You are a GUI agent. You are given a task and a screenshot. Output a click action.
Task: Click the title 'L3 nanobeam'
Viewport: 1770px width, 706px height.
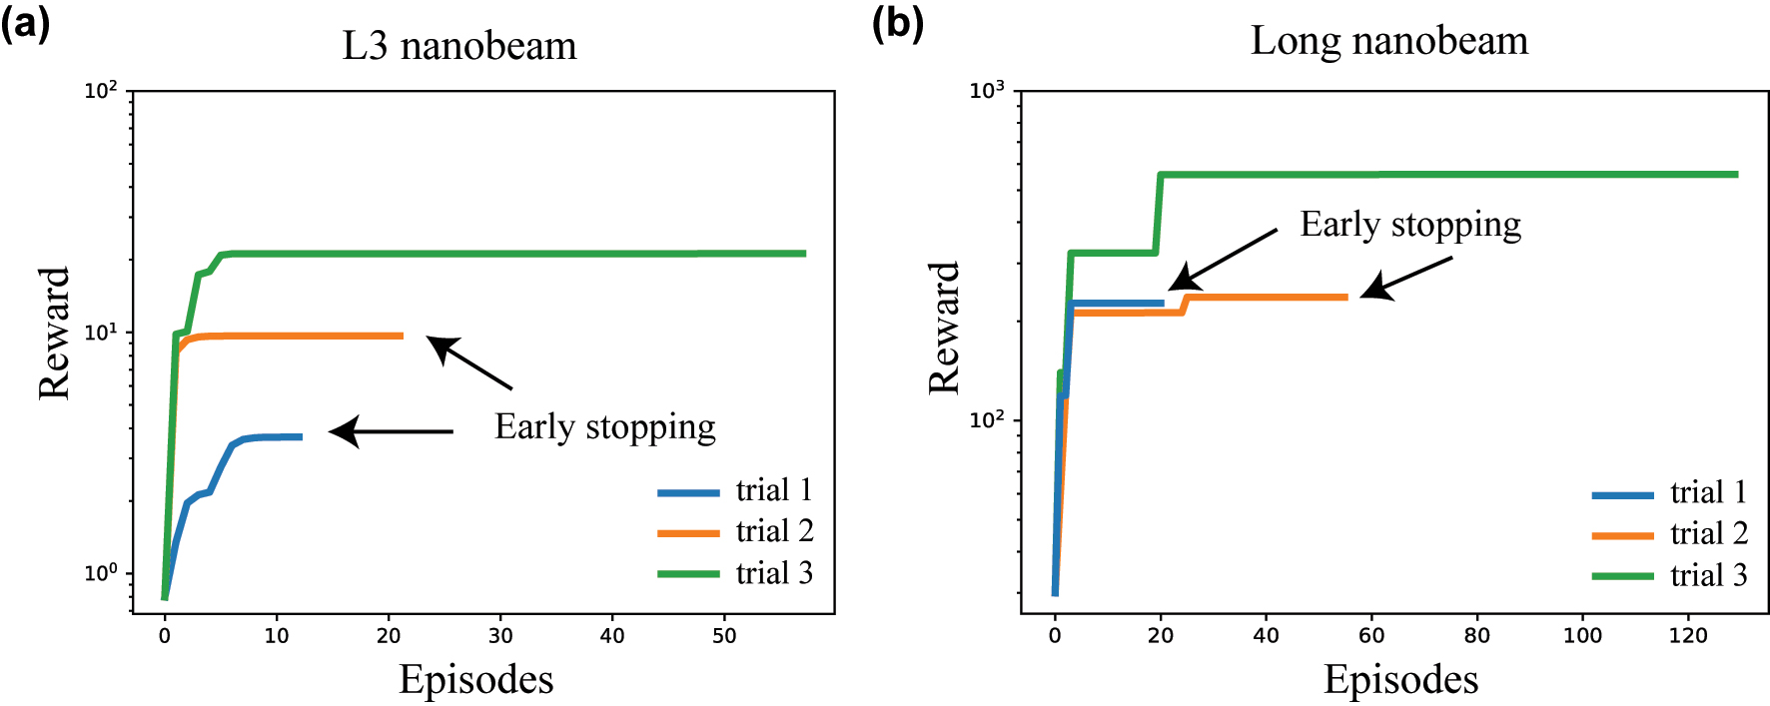(459, 46)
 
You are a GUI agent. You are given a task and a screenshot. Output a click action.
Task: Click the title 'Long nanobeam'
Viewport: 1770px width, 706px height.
(1388, 41)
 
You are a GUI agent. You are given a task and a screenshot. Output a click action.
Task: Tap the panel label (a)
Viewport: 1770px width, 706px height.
(26, 22)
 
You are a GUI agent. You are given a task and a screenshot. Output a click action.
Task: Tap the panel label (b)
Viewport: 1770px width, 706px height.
(897, 22)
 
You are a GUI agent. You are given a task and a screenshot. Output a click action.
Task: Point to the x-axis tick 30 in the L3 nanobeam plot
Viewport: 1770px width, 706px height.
(500, 636)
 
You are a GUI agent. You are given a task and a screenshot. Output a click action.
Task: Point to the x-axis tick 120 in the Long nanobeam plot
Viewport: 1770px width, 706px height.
(1688, 636)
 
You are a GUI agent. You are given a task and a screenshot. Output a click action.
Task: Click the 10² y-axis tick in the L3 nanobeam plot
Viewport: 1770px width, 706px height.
(100, 92)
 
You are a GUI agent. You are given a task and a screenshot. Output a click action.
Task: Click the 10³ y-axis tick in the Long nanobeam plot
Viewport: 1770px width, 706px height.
(987, 92)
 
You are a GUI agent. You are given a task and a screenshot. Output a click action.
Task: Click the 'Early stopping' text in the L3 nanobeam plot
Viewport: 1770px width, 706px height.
(604, 427)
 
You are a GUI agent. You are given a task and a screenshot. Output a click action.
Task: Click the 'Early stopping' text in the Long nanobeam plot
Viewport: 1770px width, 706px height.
(1409, 225)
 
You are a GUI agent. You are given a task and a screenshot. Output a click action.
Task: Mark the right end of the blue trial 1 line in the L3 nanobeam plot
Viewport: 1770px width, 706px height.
(300, 436)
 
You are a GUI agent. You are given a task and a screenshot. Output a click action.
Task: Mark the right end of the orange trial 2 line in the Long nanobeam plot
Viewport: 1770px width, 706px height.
(1345, 297)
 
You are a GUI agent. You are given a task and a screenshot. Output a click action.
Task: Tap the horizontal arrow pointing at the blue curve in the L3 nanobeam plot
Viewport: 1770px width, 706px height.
(392, 431)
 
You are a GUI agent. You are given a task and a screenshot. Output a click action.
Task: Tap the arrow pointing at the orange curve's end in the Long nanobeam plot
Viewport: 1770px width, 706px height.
(1405, 277)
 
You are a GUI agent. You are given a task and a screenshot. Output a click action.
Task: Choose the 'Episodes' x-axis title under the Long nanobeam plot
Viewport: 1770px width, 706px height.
(1400, 679)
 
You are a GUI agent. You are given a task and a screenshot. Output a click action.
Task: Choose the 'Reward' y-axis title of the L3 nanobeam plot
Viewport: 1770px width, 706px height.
(54, 333)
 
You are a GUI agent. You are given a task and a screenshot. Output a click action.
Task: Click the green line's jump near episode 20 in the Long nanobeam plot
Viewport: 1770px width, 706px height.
(1159, 214)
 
